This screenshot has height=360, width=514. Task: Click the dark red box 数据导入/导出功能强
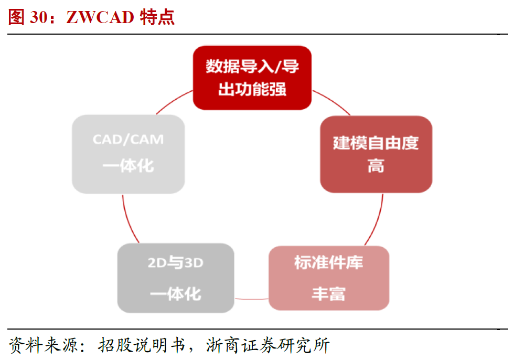point(252,78)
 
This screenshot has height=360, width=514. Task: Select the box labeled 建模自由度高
point(376,154)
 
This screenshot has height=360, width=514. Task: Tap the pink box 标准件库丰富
point(329,278)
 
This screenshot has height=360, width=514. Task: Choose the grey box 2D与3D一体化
point(175,278)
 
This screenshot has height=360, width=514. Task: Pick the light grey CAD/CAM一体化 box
point(128,154)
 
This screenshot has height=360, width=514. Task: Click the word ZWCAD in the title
point(100,17)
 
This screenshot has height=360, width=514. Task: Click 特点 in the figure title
point(157,17)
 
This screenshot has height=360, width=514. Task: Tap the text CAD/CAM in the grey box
point(128,140)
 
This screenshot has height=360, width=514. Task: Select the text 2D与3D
point(175,263)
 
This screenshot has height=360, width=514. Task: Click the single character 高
point(376,167)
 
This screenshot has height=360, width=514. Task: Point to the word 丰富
point(329,294)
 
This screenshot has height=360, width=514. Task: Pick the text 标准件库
point(329,263)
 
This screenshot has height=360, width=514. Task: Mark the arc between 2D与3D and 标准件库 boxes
point(251,299)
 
